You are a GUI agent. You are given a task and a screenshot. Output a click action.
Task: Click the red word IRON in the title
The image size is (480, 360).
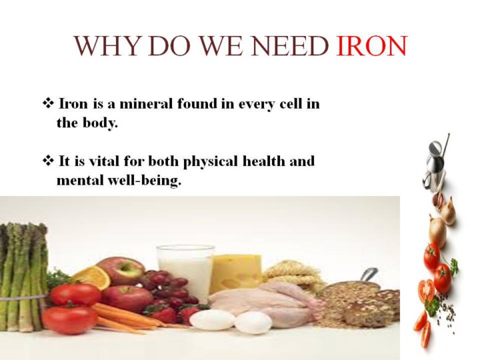[x=371, y=46]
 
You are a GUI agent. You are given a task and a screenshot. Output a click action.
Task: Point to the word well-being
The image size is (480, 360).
[x=144, y=181]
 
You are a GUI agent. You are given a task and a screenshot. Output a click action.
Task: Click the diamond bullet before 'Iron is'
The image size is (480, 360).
[x=48, y=103]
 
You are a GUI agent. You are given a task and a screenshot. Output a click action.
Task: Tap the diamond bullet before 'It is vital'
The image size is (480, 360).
[x=48, y=161]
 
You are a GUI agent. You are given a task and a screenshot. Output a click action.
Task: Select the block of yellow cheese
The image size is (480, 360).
[x=235, y=273]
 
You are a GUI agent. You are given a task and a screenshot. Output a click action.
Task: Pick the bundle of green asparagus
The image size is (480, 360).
[x=23, y=277]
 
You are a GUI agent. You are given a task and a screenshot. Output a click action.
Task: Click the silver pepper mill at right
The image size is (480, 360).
[x=435, y=165]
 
